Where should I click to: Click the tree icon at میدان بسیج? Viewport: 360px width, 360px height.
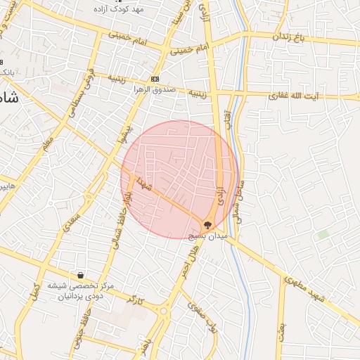point(208,225)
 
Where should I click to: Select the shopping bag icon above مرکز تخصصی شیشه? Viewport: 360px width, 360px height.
point(82,275)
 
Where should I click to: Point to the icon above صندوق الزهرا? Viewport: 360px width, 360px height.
point(155,79)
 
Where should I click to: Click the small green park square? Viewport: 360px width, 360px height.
point(323,235)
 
